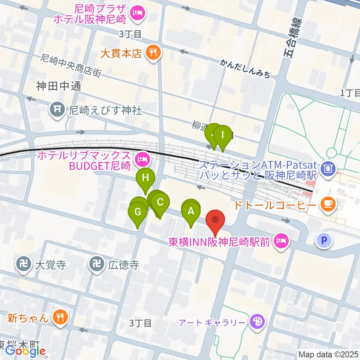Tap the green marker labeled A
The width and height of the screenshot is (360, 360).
click(x=191, y=211)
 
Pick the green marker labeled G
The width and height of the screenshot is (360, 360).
click(x=138, y=212)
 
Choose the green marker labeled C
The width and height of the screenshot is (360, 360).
click(x=160, y=202)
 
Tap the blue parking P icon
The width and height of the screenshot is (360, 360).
click(x=324, y=240)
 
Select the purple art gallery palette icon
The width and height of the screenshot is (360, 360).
click(x=257, y=322)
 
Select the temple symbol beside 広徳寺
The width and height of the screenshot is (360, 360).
click(x=96, y=265)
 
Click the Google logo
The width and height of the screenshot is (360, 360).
click(x=25, y=351)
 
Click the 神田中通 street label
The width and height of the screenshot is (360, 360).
click(x=59, y=86)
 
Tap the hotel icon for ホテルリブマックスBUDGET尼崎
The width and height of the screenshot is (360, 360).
click(x=142, y=160)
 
